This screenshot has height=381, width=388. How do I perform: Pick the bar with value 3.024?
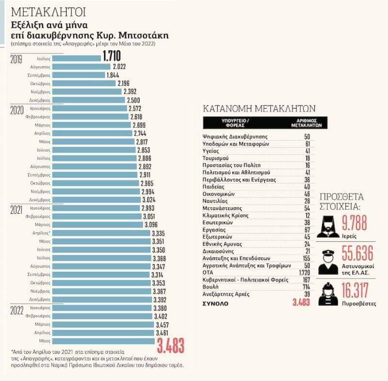(x=96, y=200)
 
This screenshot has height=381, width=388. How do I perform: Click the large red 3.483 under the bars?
(x=171, y=347)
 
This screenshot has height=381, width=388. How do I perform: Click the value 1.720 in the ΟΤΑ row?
(x=306, y=272)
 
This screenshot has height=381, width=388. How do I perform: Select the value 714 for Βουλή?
(x=307, y=287)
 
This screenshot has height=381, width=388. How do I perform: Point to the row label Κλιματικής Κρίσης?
(x=226, y=215)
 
